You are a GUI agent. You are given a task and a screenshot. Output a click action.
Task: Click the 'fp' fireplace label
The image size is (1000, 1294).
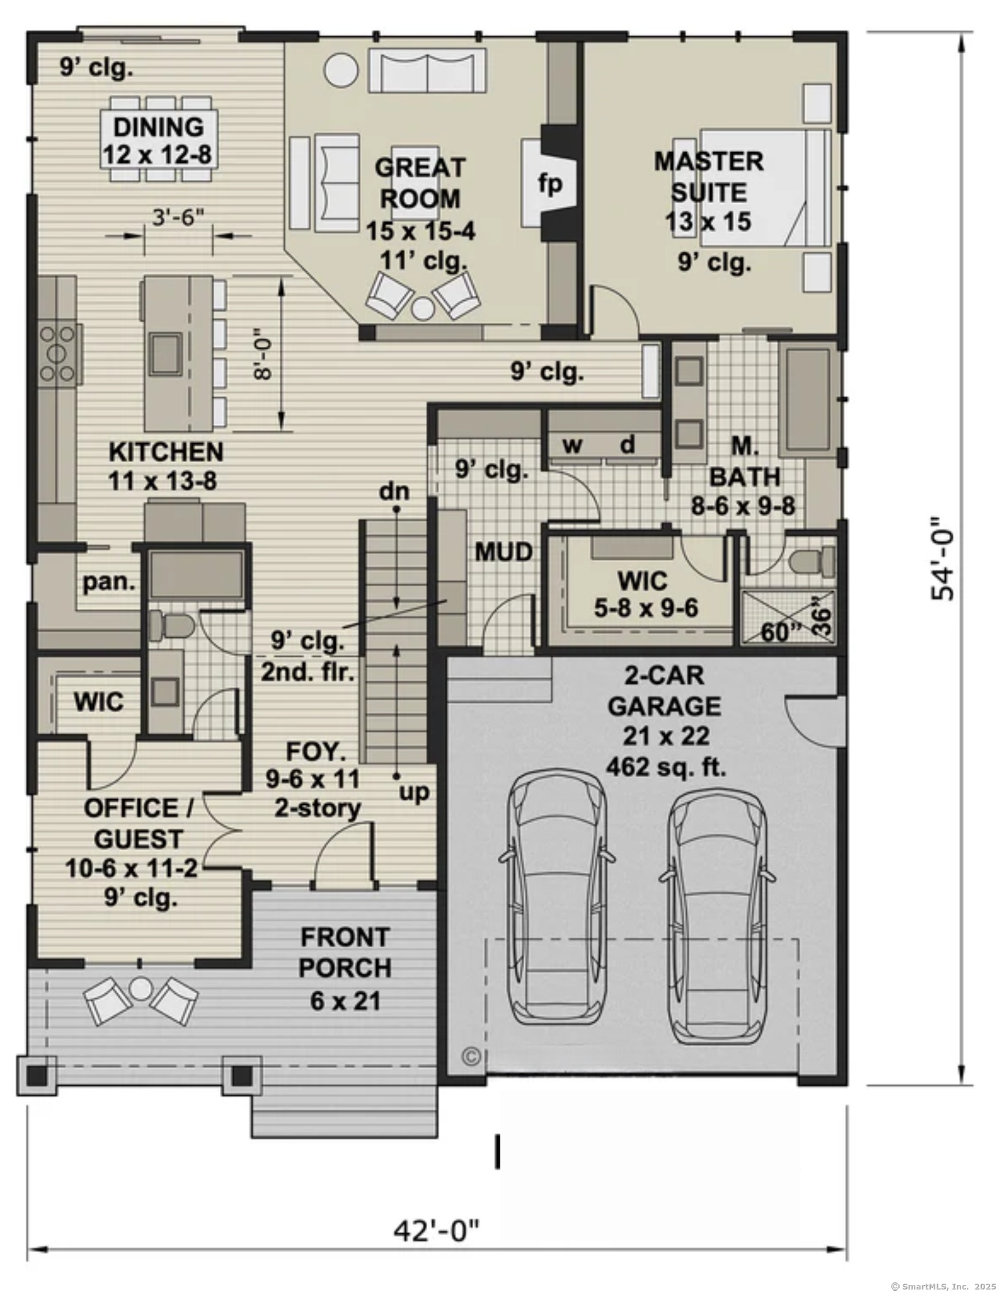(550, 184)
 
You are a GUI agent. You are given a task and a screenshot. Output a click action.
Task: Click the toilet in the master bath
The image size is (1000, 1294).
(814, 561)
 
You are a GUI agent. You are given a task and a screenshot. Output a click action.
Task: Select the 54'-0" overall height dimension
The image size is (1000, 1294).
(942, 558)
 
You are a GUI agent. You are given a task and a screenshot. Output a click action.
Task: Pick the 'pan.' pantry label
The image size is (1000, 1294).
(109, 582)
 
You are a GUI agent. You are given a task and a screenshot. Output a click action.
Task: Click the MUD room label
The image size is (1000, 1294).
(504, 552)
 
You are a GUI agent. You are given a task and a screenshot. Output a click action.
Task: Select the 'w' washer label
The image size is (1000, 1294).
(572, 445)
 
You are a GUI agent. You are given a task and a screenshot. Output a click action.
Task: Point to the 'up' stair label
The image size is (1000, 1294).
(414, 791)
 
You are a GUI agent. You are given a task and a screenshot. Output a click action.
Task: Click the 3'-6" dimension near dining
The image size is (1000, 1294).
(177, 217)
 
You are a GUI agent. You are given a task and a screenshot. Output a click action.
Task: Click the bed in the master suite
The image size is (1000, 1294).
(764, 188)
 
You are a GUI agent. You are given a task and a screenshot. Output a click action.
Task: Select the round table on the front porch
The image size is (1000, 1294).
(140, 988)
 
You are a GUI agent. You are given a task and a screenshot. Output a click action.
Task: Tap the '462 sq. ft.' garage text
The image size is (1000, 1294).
(665, 767)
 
